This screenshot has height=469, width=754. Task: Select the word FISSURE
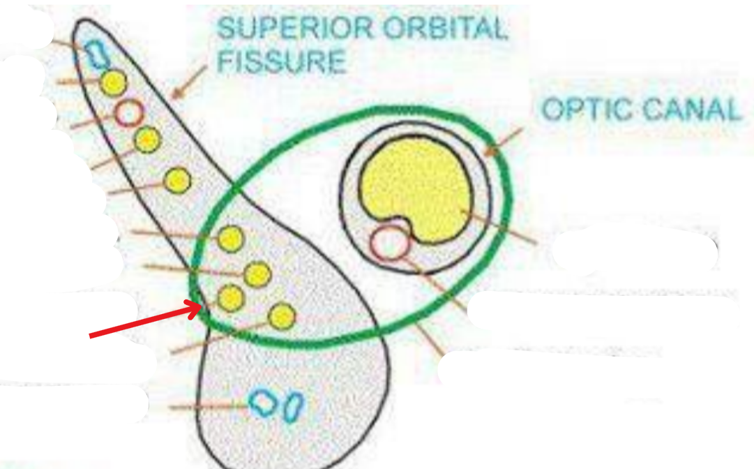pos(281,61)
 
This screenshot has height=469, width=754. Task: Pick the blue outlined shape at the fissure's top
pos(95,52)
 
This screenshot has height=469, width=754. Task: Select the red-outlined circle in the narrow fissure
pos(128,112)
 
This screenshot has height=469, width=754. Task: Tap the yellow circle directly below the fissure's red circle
pos(147,140)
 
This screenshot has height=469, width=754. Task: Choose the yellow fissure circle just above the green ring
pos(178,181)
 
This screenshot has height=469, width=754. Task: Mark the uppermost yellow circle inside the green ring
pos(231,239)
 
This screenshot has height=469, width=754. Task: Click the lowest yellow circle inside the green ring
pos(281,316)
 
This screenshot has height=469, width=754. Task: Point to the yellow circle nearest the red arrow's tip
pos(231,299)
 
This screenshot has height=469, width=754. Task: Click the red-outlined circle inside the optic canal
pos(389,244)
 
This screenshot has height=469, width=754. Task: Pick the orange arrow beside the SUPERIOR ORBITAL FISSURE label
pos(189,81)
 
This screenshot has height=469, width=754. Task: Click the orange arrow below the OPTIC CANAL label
pos(503,140)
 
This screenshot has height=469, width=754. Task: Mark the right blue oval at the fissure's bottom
pos(294,406)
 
